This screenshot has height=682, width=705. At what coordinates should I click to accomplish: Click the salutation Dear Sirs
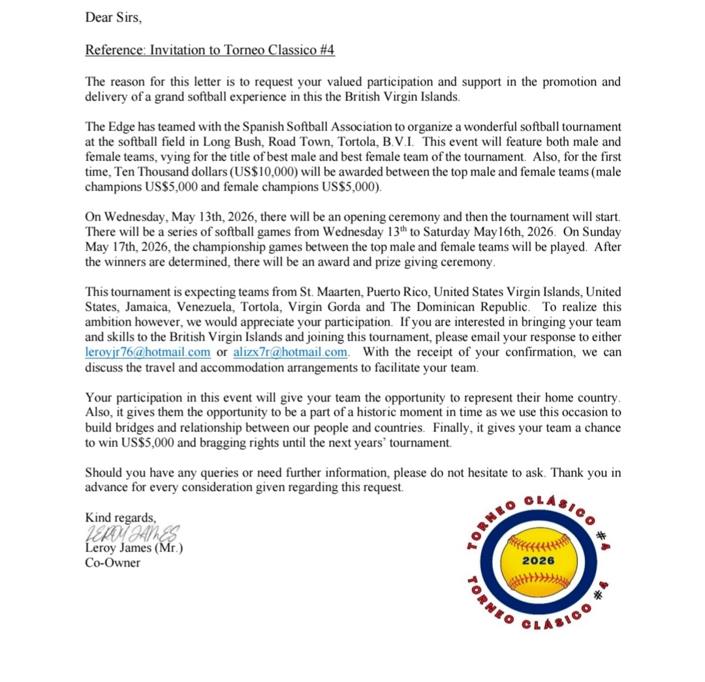(x=113, y=18)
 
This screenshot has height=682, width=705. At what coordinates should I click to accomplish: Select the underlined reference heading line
(x=210, y=50)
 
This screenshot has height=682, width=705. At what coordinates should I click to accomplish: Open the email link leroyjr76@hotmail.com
(x=148, y=352)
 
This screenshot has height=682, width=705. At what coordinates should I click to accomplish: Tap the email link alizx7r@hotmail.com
(x=290, y=352)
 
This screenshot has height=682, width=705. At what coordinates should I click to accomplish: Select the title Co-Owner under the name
(x=112, y=562)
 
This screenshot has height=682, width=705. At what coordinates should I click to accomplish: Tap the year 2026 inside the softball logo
(x=539, y=561)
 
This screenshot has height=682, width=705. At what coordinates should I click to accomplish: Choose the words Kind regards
(x=121, y=518)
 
